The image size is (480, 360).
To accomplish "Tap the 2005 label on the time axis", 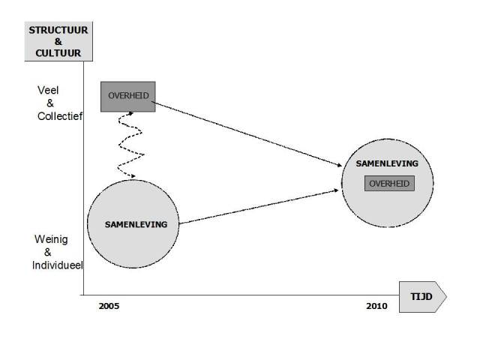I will pyautogui.click(x=109, y=307).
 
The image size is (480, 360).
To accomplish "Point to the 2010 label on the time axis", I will pyautogui.click(x=376, y=307).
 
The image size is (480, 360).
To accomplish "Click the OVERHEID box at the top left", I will pyautogui.click(x=128, y=96).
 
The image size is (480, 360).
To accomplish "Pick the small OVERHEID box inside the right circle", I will pyautogui.click(x=389, y=183).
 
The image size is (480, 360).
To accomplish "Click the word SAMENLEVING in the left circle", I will pyautogui.click(x=136, y=224).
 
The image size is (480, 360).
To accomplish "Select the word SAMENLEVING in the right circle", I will pyautogui.click(x=388, y=163).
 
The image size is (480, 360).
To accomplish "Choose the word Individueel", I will pyautogui.click(x=58, y=265).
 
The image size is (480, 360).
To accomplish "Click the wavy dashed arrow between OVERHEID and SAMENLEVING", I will pyautogui.click(x=129, y=144).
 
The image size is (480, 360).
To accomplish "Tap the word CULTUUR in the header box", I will pyautogui.click(x=59, y=52).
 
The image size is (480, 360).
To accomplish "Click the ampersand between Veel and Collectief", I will pyautogui.click(x=50, y=103).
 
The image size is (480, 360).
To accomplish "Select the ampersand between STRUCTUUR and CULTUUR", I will pyautogui.click(x=59, y=41).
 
